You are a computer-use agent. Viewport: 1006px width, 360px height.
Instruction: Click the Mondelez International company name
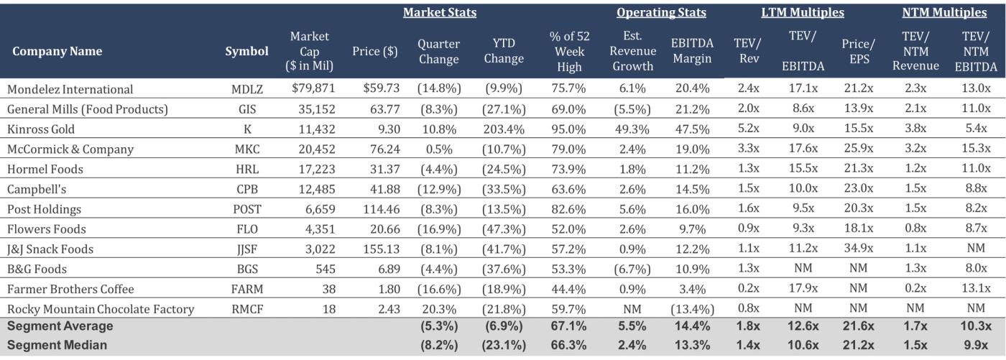point(70,90)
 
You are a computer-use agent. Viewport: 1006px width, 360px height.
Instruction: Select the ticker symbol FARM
point(246,289)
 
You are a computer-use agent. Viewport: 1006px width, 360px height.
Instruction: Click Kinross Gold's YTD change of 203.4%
point(503,129)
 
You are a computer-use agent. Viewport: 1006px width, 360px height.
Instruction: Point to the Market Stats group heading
point(439,13)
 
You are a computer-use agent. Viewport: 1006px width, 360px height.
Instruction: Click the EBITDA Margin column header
point(691,51)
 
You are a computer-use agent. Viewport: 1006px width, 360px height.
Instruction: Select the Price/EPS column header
point(859,51)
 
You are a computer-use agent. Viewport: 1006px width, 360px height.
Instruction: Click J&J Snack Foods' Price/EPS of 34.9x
point(859,249)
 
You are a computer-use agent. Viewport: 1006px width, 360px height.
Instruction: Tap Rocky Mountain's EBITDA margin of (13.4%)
point(691,309)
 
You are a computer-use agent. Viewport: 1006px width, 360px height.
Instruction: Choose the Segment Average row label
point(60,326)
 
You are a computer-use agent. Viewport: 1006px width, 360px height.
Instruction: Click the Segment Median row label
point(57,345)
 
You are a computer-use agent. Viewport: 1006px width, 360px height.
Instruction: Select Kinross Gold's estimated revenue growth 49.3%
point(633,129)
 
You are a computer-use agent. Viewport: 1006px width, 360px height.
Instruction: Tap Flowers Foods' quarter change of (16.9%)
point(438,229)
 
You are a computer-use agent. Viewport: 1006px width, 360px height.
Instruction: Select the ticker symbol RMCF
point(246,309)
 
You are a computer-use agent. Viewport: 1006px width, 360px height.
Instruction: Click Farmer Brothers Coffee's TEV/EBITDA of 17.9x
point(802,289)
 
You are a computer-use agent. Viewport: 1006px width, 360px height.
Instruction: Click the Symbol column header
point(246,51)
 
